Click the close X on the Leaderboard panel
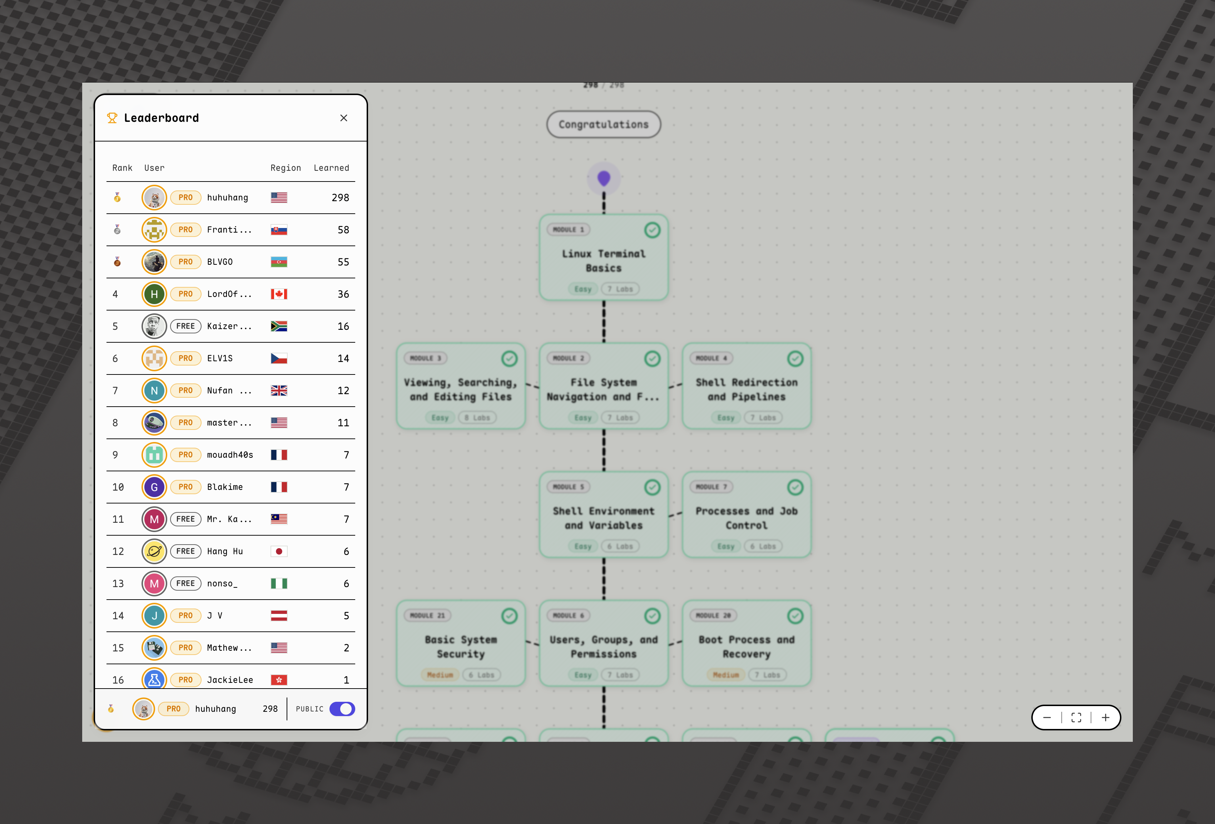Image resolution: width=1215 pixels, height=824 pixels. [x=343, y=118]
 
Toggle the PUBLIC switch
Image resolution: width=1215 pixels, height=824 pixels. [x=342, y=709]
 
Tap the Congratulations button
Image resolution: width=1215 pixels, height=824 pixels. [x=603, y=124]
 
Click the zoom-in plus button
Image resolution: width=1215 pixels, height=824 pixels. [x=1105, y=718]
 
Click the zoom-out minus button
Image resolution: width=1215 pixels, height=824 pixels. [x=1047, y=718]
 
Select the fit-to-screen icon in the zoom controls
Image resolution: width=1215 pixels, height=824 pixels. [x=1076, y=718]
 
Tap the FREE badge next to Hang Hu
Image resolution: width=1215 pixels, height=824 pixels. [x=185, y=551]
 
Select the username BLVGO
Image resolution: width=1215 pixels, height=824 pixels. [x=219, y=262]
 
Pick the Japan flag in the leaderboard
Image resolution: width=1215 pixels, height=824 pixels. [x=279, y=551]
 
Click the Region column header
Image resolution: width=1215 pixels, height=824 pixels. [x=286, y=168]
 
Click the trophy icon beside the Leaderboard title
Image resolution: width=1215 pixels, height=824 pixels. [x=112, y=118]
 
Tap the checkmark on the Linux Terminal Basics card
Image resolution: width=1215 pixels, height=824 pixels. [x=652, y=230]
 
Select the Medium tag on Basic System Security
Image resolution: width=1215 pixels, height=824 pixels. [x=440, y=675]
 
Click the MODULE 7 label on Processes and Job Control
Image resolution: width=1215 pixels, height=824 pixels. [x=711, y=487]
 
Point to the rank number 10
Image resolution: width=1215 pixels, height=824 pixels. [x=118, y=487]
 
